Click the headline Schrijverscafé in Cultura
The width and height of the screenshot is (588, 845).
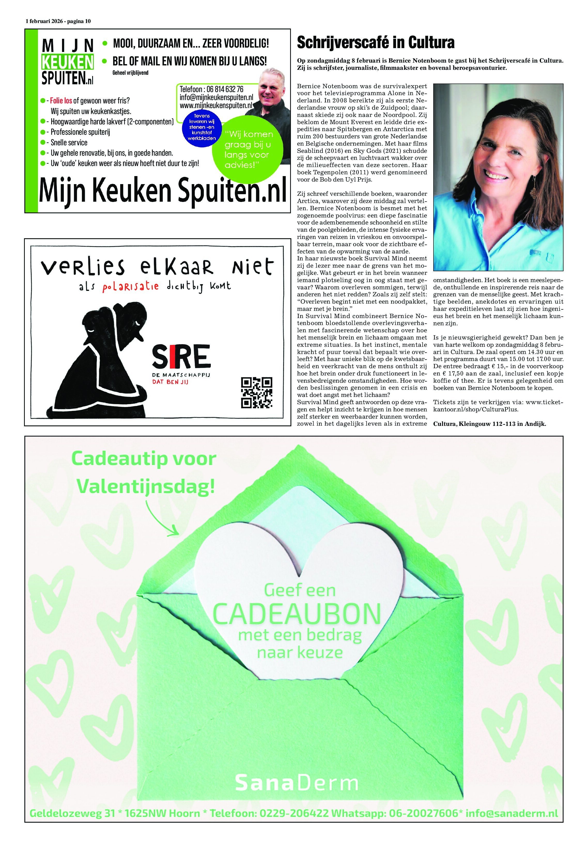coord(375,43)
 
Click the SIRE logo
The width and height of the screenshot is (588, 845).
coord(181,356)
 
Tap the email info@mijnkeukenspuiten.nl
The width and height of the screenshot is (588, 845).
coord(216,97)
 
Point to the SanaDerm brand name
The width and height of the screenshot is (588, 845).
coord(296,783)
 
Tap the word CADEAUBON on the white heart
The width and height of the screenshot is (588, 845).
coord(296,614)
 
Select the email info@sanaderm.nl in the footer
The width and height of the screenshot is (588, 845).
coord(512,813)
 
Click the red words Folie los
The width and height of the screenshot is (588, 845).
coord(61,101)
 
